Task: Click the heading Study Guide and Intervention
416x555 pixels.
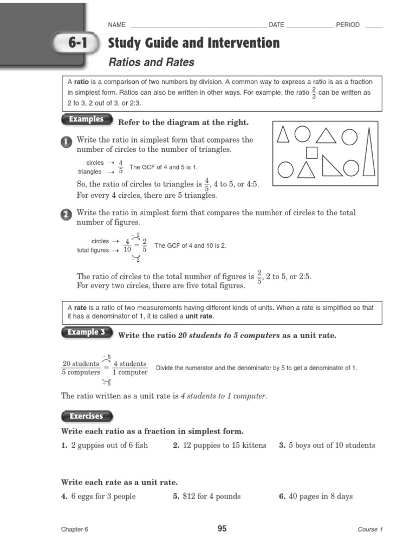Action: [194, 43]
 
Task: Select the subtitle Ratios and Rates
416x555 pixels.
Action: [151, 62]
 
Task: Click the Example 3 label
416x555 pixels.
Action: [86, 332]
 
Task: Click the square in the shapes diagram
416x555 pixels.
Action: [311, 152]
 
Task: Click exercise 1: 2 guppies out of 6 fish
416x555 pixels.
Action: [105, 446]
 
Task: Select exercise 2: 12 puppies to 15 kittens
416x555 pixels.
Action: [219, 446]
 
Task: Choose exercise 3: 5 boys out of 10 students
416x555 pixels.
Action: [327, 446]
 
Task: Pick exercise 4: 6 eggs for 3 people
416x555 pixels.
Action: [99, 496]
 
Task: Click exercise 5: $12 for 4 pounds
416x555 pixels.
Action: [207, 496]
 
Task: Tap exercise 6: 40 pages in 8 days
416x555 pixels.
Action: [316, 496]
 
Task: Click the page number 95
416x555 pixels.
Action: [222, 529]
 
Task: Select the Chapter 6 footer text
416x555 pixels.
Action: [74, 530]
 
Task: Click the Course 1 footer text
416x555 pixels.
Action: [370, 530]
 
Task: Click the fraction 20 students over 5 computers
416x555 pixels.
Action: [81, 368]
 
